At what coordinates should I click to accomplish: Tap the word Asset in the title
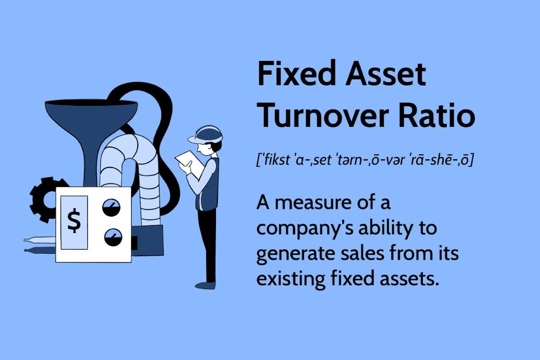coord(386,73)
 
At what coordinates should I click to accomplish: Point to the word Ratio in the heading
coord(437,115)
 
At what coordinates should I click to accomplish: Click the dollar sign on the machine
coord(74,220)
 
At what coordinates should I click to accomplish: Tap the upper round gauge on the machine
coord(111,207)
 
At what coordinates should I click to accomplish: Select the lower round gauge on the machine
coord(113,237)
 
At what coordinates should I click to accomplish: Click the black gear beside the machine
coord(45,200)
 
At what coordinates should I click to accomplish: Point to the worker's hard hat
coord(205,135)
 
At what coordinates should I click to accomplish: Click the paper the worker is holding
coord(189,164)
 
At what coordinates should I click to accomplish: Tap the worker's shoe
coord(205,285)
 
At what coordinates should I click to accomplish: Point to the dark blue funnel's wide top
coord(91,103)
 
